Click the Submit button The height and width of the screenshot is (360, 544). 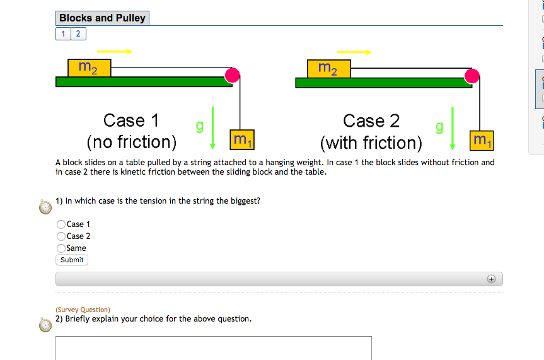pyautogui.click(x=72, y=260)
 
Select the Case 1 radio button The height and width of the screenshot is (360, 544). pyautogui.click(x=61, y=224)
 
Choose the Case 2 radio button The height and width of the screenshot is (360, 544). pyautogui.click(x=61, y=236)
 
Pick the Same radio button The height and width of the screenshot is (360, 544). pyautogui.click(x=61, y=248)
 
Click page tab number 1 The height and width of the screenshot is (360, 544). pyautogui.click(x=64, y=33)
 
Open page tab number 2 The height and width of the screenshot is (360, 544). pyautogui.click(x=78, y=33)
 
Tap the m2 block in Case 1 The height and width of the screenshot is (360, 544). pyautogui.click(x=89, y=67)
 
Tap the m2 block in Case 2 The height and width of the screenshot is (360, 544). pyautogui.click(x=328, y=68)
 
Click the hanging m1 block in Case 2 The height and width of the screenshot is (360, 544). pyautogui.click(x=482, y=139)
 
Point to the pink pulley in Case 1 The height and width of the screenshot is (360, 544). pyautogui.click(x=233, y=76)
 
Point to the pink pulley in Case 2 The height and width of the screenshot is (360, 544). pyautogui.click(x=472, y=76)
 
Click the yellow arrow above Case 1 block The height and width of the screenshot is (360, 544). pyautogui.click(x=114, y=51)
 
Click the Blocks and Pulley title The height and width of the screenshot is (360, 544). pyautogui.click(x=102, y=18)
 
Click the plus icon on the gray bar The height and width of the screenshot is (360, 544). pyautogui.click(x=492, y=279)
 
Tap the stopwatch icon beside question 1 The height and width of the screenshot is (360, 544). pyautogui.click(x=45, y=206)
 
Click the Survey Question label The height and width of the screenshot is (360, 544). pyautogui.click(x=83, y=310)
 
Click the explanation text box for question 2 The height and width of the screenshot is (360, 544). pyautogui.click(x=213, y=348)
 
